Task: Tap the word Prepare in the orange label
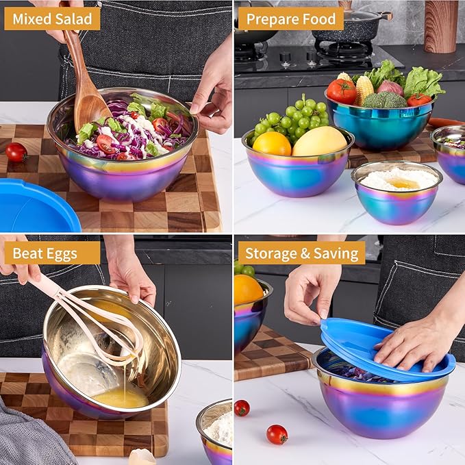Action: pos(273,18)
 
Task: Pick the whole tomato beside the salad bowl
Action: pos(16,152)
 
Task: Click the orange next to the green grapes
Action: pos(272,143)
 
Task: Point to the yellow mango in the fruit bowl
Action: pos(319,141)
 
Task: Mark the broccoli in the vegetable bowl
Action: pos(384,100)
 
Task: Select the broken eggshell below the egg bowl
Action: pos(142,457)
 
